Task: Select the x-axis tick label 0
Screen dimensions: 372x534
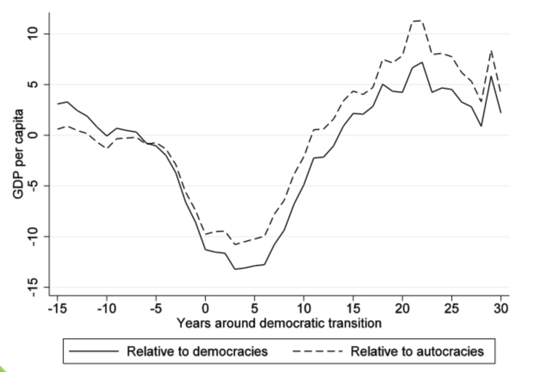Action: pos(205,309)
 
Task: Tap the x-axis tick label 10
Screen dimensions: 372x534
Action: pos(304,309)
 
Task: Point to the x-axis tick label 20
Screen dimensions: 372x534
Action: pos(402,309)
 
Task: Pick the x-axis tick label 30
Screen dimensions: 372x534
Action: pos(501,309)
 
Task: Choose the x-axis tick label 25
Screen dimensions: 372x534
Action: pos(451,309)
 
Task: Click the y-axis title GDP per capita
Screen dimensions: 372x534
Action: pos(18,153)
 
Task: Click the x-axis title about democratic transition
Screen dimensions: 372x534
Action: pos(279,323)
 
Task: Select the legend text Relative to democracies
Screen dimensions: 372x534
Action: pos(197,351)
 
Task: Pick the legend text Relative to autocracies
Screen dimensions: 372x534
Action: pos(417,351)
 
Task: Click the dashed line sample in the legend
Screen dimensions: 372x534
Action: pos(317,351)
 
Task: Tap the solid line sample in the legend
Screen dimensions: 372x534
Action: pos(93,351)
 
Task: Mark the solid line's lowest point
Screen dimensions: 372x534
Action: pos(235,269)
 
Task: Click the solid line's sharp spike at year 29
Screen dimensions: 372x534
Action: pos(491,76)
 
